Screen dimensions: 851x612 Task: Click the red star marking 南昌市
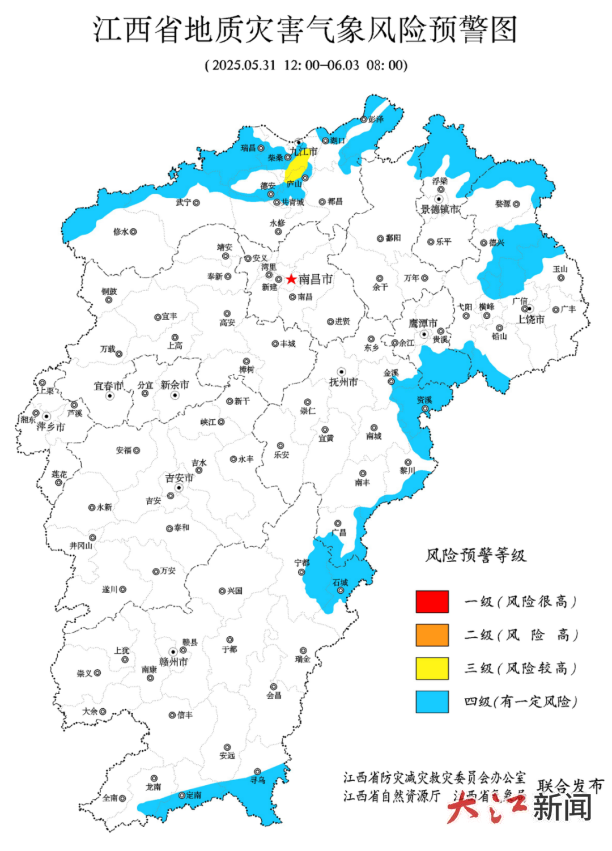(291, 279)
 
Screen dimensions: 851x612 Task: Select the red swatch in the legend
(432, 602)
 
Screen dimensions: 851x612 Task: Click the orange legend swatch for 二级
(432, 635)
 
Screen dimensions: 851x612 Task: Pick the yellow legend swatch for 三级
(432, 669)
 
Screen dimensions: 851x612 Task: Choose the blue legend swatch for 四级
(432, 701)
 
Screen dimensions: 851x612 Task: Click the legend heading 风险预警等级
(476, 555)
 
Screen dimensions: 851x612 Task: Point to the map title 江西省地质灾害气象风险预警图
(305, 29)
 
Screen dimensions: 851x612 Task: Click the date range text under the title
(306, 65)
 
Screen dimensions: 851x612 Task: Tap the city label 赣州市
(173, 662)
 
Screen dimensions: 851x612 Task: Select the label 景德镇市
(440, 210)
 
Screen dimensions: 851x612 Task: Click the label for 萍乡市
(50, 427)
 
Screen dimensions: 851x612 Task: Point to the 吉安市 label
(179, 478)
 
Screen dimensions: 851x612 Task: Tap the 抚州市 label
(343, 382)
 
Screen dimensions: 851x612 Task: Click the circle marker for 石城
(341, 590)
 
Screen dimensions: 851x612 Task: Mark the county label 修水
(121, 232)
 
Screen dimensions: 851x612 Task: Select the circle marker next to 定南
(182, 795)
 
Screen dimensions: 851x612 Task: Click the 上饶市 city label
(530, 320)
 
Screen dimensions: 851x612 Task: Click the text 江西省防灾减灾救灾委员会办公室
(434, 777)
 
